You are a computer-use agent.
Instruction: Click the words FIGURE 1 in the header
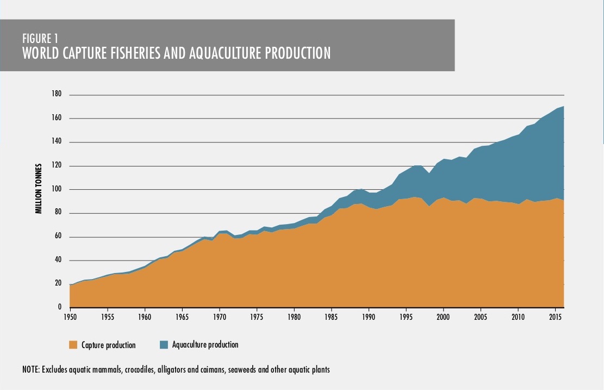coord(40,39)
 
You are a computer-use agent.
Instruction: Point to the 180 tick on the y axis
coord(56,94)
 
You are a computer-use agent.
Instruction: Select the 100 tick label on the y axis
coord(56,189)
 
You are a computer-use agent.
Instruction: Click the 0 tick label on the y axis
coord(60,307)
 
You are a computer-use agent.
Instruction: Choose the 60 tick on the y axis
coord(58,236)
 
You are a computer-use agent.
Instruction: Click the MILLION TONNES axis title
coord(39,188)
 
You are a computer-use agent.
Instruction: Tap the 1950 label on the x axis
coord(71,317)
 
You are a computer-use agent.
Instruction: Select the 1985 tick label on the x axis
coord(331,317)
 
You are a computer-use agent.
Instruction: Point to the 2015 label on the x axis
coord(555,317)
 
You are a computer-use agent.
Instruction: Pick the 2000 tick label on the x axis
coord(443,317)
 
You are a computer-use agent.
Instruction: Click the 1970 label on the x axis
coord(220,317)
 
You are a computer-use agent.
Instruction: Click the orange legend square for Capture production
coord(73,345)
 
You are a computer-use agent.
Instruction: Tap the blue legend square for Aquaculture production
coord(164,344)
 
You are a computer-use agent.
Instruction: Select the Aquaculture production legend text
coord(206,345)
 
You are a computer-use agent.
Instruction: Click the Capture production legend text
coord(109,345)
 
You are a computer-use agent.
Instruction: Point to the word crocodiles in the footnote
coord(139,369)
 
